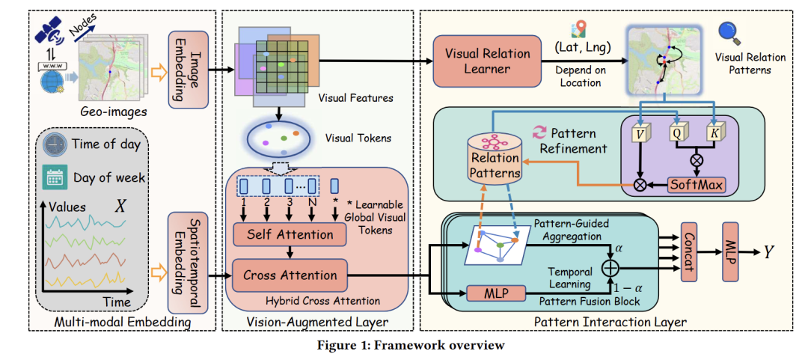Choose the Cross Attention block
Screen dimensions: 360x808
pos(290,275)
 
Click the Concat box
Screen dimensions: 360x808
pos(690,251)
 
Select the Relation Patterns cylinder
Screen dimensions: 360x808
pos(495,159)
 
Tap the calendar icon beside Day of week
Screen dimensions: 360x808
pos(55,177)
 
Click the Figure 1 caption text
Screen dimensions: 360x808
pos(405,345)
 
